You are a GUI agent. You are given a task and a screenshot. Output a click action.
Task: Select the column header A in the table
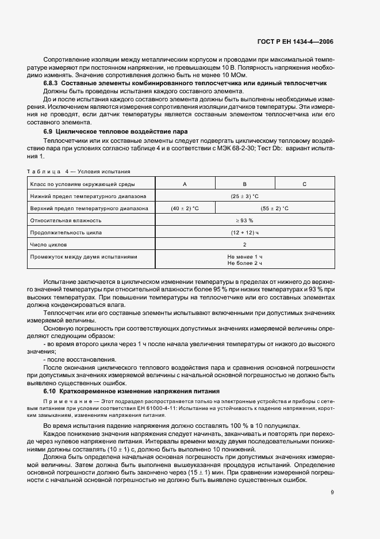(185, 184)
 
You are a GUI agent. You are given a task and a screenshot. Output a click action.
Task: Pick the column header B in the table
(244, 184)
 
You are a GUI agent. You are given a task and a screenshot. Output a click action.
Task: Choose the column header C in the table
(304, 184)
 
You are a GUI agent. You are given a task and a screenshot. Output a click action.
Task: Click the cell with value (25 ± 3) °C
(244, 196)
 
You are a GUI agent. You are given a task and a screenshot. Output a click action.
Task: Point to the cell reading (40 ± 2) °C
(185, 208)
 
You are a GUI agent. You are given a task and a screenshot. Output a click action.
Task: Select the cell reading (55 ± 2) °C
(274, 208)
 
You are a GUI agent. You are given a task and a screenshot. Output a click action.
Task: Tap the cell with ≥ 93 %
(244, 221)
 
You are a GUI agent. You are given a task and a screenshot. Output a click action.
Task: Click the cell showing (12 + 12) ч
(244, 233)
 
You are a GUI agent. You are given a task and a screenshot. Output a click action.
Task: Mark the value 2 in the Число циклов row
(244, 245)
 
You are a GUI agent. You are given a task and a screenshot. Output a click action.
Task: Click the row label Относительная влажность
(66, 221)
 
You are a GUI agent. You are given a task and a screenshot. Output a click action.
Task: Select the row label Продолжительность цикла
(66, 233)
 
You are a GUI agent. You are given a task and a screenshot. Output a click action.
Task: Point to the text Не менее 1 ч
(244, 256)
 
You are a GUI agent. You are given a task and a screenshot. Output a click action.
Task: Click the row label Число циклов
(51, 245)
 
